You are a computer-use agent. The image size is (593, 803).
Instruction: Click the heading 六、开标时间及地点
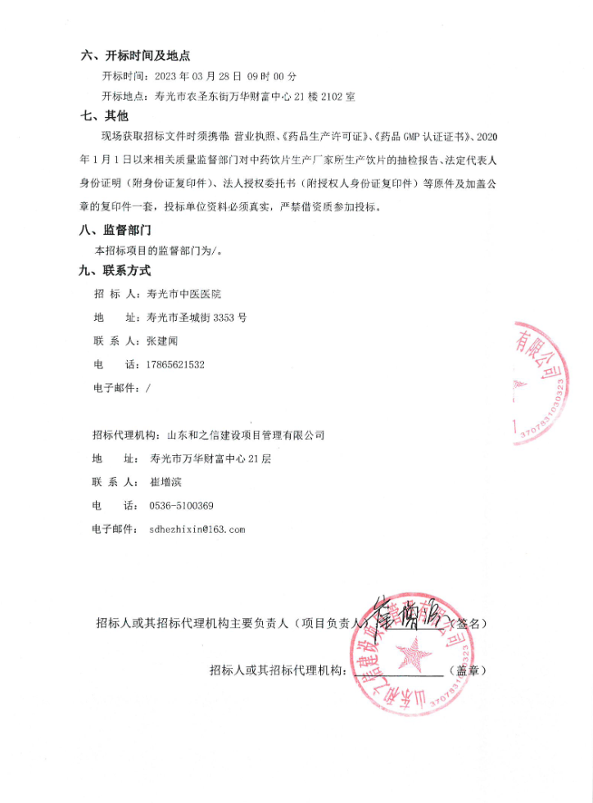coord(135,56)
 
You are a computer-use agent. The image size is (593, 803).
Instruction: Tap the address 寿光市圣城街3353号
coord(197,317)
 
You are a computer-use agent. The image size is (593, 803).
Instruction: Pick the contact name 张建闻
coord(162,341)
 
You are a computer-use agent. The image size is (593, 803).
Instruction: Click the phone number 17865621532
coord(174,364)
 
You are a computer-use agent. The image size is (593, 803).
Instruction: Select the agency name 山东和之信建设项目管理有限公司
coord(246,435)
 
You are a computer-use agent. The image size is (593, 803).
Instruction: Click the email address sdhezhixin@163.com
coord(197,530)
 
